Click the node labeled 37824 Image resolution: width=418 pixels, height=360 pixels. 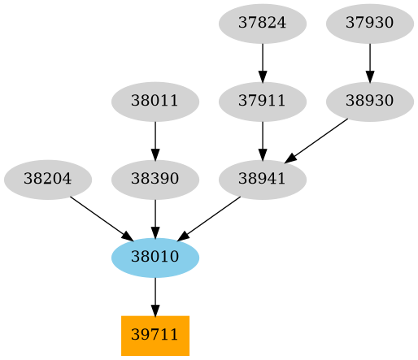point(262,24)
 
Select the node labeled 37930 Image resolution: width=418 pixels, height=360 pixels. point(370,24)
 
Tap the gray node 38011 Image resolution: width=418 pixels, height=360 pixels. point(155,102)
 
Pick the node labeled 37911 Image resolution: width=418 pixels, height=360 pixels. point(262,102)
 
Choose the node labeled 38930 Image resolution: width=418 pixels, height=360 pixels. point(370,102)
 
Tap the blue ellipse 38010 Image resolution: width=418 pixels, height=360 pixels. point(155,257)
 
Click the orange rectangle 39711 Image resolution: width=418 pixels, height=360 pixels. point(155,335)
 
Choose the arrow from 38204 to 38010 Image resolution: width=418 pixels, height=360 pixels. point(98,216)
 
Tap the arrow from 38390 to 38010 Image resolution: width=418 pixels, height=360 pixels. point(155,217)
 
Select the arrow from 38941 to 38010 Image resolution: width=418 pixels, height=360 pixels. point(211,216)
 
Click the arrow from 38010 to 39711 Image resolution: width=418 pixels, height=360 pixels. point(155,295)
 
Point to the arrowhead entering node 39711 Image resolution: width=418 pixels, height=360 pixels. point(155,310)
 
